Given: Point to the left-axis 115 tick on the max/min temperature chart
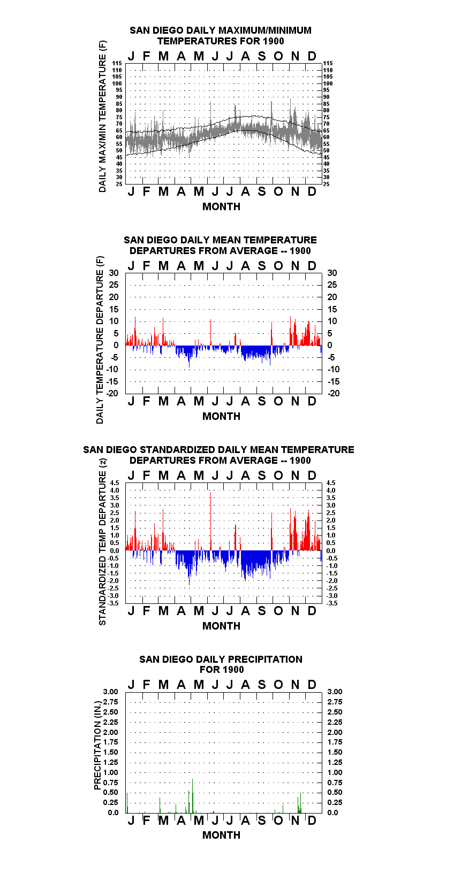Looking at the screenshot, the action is pyautogui.click(x=117, y=63).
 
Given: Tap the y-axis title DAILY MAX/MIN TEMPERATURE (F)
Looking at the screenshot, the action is pyautogui.click(x=102, y=116).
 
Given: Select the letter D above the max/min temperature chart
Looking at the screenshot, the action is pyautogui.click(x=312, y=56).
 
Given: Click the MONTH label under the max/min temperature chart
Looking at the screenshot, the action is pyautogui.click(x=221, y=207).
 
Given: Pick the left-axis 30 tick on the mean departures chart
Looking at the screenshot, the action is pyautogui.click(x=114, y=273).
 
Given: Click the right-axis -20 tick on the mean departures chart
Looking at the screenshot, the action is pyautogui.click(x=334, y=393).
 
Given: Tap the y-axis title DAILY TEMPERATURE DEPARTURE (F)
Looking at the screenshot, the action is pyautogui.click(x=100, y=340).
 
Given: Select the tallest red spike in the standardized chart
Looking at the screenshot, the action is pyautogui.click(x=210, y=521).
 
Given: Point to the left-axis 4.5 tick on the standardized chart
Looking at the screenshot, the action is pyautogui.click(x=115, y=483).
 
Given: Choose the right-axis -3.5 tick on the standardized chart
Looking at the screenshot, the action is pyautogui.click(x=332, y=603).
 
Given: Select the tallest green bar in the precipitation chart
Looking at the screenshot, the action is pyautogui.click(x=193, y=795).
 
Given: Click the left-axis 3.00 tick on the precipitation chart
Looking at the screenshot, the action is pyautogui.click(x=110, y=692).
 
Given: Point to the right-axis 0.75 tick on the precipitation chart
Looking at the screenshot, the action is pyautogui.click(x=335, y=783).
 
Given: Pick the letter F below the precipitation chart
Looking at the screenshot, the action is pyautogui.click(x=147, y=821).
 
